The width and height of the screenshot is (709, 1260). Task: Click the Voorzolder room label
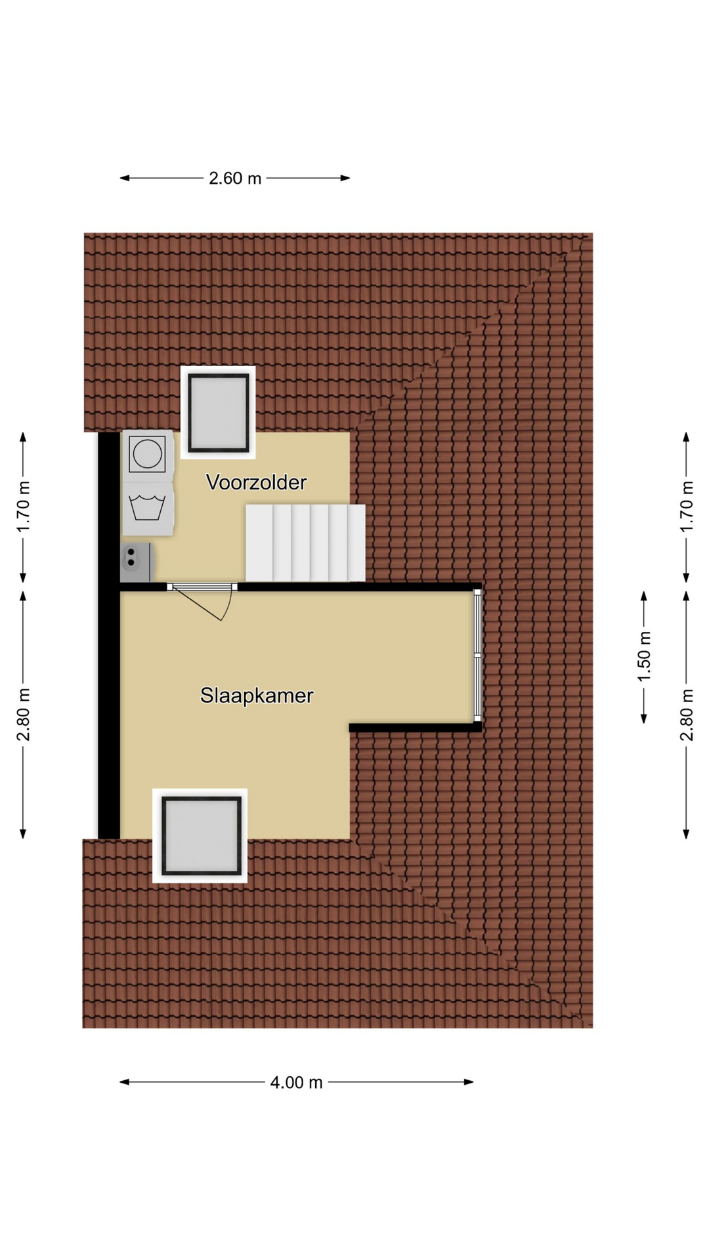256,482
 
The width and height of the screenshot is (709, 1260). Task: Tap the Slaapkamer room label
257,696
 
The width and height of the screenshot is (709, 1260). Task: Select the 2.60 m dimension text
235,178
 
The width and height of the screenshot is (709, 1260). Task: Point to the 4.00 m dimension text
296,1082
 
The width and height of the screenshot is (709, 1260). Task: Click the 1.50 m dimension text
644,656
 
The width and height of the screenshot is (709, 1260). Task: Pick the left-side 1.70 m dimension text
23,507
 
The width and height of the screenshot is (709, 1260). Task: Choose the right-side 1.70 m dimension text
686,507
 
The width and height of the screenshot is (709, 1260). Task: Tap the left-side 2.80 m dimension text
23,715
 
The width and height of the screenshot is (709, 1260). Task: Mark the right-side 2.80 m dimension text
686,715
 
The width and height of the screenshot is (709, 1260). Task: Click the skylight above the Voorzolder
218,412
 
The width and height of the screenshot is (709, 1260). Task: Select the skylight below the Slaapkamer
200,835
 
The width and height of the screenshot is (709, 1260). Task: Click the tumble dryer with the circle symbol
147,454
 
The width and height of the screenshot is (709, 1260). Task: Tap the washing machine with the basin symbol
147,509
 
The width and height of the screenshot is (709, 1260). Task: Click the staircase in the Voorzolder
305,543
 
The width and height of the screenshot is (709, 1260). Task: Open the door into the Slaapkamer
202,600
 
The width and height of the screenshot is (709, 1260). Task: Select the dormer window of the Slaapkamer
478,654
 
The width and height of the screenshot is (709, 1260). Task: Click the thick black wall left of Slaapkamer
109,635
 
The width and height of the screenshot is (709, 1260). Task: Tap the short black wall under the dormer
415,727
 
